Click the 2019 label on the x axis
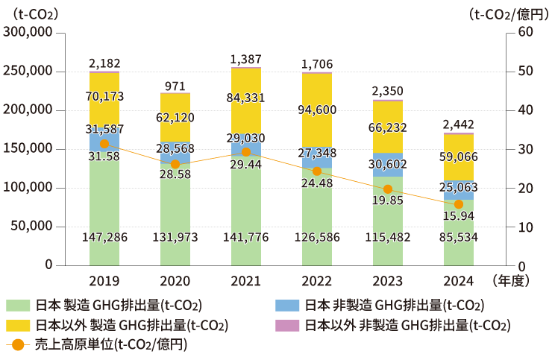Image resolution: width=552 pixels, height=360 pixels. (104, 282)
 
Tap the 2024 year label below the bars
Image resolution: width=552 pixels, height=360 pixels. (458, 282)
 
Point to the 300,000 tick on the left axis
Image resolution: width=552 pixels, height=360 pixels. (28, 32)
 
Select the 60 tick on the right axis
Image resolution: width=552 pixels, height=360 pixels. (524, 32)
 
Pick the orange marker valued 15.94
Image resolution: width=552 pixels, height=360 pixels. (459, 204)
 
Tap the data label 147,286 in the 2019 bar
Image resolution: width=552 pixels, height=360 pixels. (104, 237)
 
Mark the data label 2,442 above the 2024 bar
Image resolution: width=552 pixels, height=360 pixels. (458, 124)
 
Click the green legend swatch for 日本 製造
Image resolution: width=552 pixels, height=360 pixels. (19, 306)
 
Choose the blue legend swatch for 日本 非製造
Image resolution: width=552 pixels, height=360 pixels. (287, 306)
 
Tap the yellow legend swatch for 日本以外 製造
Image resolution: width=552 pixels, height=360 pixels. (19, 325)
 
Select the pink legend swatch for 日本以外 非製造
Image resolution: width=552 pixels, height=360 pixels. (287, 325)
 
